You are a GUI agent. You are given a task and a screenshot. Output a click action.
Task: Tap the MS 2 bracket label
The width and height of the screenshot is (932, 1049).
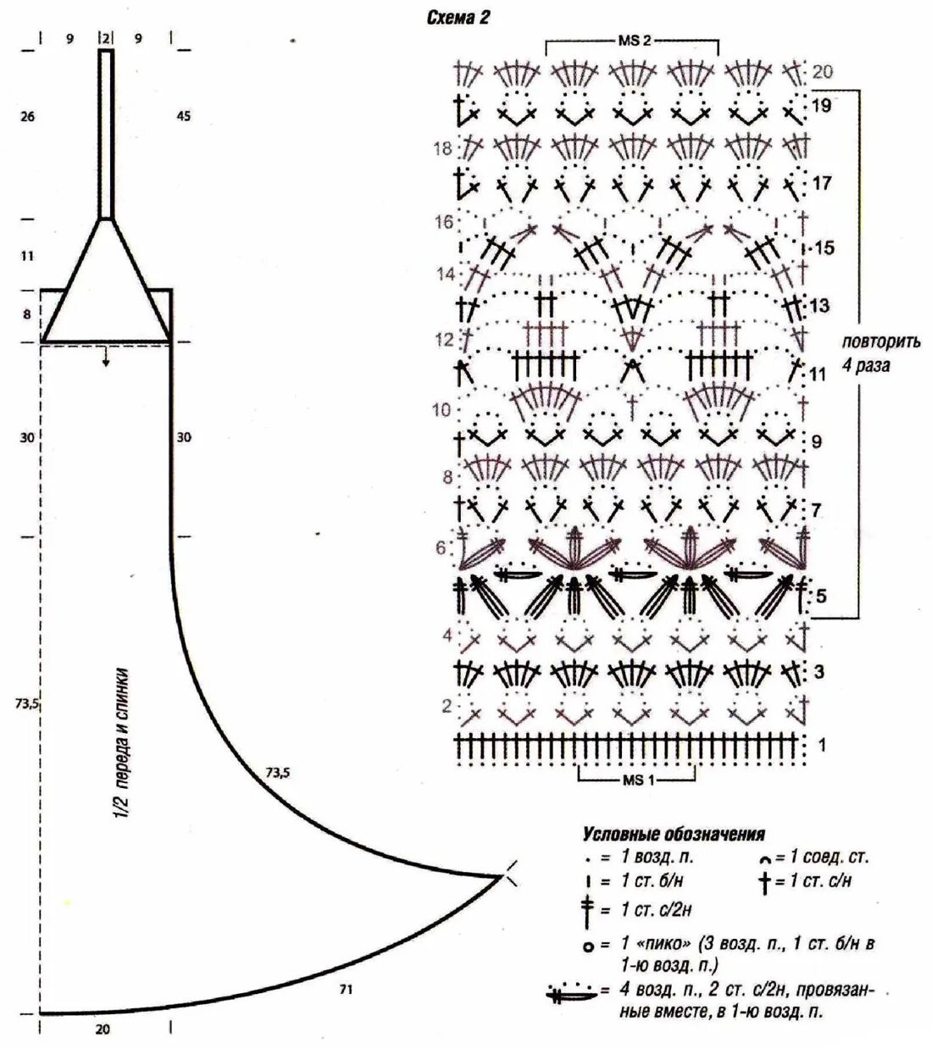pos(632,41)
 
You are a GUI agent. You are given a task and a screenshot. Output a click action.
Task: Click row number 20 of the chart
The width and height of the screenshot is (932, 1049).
pos(822,71)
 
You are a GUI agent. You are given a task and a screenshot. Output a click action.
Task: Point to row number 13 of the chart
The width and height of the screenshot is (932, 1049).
pos(820,305)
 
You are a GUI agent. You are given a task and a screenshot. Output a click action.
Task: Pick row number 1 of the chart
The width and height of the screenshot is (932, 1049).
pos(821,745)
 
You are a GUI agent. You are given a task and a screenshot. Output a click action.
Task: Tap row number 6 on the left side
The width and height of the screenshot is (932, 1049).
pos(441,548)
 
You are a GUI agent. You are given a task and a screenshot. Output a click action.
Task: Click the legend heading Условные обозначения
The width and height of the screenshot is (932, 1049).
pos(673,834)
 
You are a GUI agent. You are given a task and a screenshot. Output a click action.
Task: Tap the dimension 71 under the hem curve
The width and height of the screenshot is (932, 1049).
pos(346,988)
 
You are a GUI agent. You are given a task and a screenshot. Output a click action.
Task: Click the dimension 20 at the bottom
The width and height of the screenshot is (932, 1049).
pos(103,1030)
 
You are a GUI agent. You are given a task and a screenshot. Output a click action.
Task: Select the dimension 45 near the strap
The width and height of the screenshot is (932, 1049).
pos(183,116)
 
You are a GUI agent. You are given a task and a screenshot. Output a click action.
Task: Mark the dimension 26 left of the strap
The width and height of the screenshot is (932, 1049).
pos(27,116)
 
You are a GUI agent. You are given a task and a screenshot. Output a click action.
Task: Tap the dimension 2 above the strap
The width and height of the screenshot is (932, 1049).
pos(106,38)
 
